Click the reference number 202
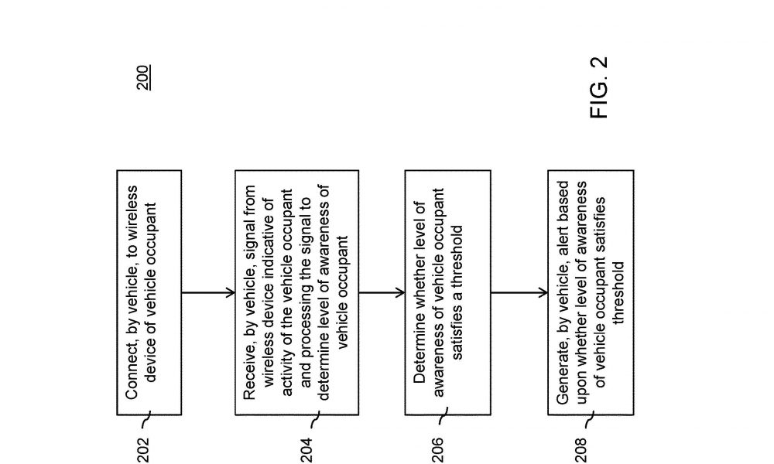coord(143,450)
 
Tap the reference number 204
coord(306,450)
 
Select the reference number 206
coord(437,450)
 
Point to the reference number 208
coord(581,450)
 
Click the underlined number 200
coord(144,77)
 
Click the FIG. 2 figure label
coord(599,87)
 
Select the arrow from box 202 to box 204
coord(208,293)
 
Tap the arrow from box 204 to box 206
coord(382,293)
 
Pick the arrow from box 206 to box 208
coord(519,293)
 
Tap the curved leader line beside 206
coord(443,416)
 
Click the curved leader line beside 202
coord(146,420)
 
